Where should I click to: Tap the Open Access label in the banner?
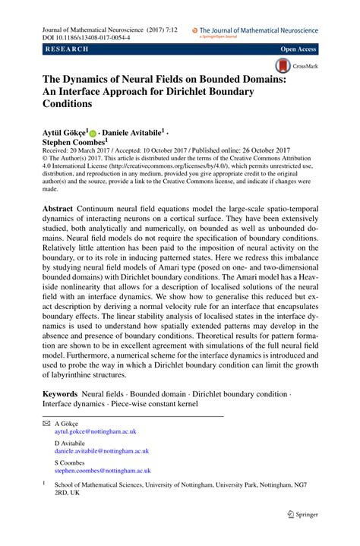pyautogui.click(x=298, y=49)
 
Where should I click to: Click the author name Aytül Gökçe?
pyautogui.click(x=65, y=131)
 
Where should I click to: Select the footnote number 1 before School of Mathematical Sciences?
pyautogui.click(x=44, y=481)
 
